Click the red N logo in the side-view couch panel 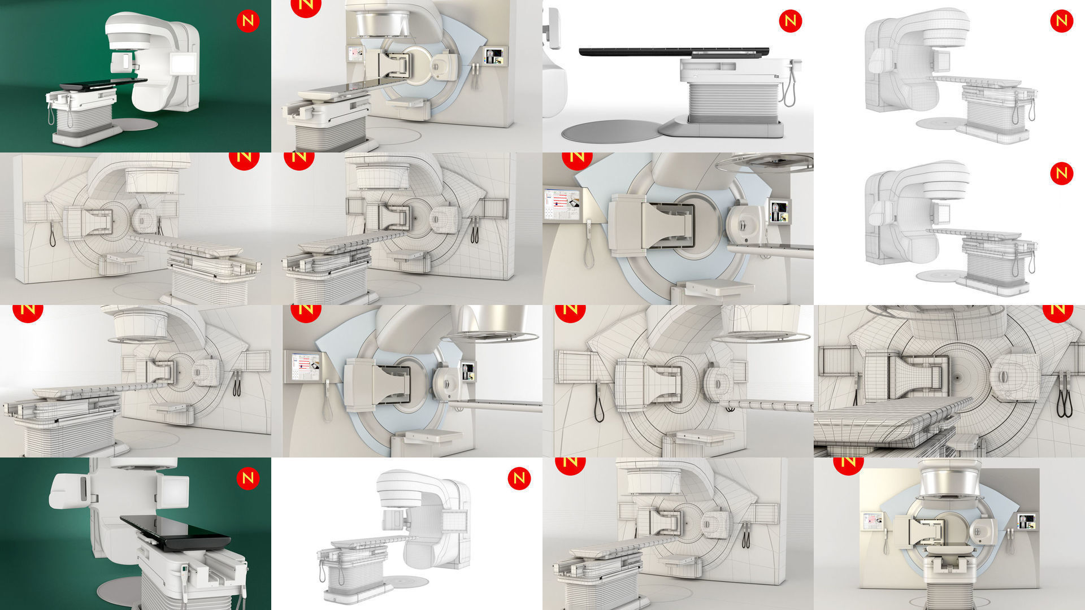[x=790, y=21]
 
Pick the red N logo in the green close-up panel [x=248, y=478]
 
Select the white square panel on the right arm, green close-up [x=175, y=490]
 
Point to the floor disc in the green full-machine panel [x=136, y=124]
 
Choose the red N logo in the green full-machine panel [x=248, y=21]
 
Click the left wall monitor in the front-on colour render [x=871, y=520]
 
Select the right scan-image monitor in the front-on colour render [x=1027, y=521]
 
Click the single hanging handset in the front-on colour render [x=885, y=545]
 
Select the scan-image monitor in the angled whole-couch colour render [x=494, y=56]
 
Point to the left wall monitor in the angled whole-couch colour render [x=355, y=54]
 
